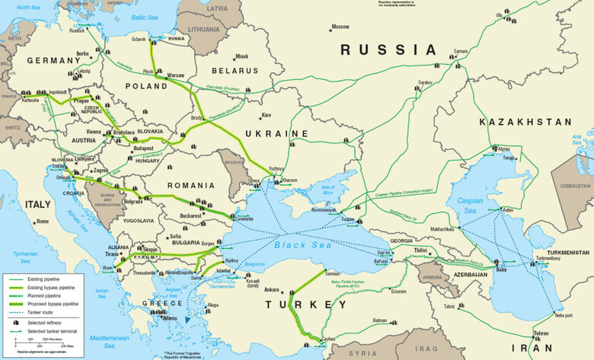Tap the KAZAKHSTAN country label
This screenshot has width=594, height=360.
coord(525,122)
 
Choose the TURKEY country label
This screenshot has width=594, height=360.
coord(299,306)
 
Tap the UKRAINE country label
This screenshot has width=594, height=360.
coord(276,134)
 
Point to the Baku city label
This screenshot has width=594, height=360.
coord(500,269)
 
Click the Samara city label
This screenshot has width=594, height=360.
coord(460,52)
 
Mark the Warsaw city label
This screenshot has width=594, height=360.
coord(175,75)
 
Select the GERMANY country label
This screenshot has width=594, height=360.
coord(53,60)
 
